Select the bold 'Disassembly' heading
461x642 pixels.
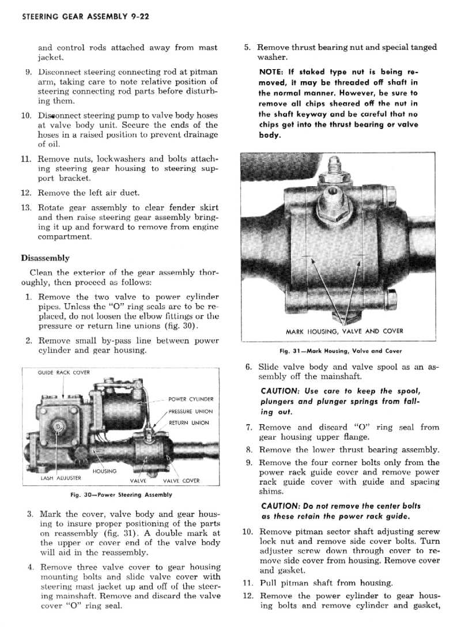pos(45,258)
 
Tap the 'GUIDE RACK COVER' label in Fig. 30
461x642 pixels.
pos(64,372)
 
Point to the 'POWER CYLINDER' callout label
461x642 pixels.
pos(191,399)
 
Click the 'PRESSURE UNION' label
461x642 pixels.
pos(191,411)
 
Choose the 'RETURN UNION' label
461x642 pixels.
pos(188,423)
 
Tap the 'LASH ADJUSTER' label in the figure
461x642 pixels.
pos(61,478)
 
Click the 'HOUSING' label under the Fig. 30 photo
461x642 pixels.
pos(104,471)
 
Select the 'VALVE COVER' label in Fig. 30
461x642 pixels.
pos(182,481)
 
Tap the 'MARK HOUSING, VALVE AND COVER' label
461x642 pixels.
pos(345,331)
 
